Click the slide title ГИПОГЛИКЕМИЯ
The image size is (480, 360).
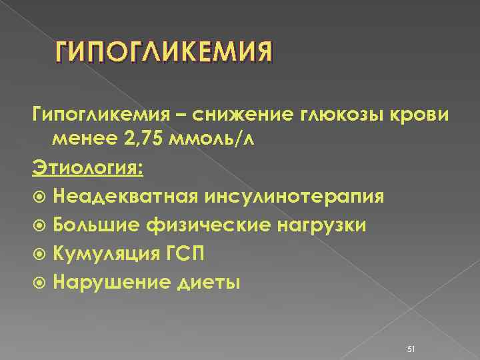click(163, 51)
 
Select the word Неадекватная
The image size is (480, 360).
click(123, 197)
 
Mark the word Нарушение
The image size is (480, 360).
click(104, 282)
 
